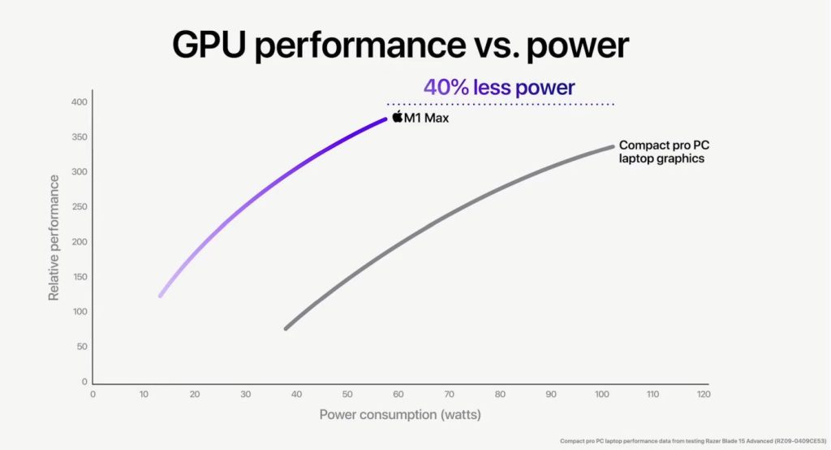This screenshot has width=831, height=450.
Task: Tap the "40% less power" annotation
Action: click(499, 87)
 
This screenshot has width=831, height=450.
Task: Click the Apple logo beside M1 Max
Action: click(397, 117)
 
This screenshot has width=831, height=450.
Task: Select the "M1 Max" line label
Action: click(426, 119)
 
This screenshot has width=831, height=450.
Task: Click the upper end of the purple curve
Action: click(385, 119)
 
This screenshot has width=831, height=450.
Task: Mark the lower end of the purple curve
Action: click(161, 295)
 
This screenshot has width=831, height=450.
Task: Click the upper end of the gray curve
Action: click(612, 147)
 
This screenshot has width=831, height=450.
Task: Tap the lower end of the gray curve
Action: click(286, 328)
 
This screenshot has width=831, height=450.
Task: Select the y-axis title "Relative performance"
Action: click(54, 237)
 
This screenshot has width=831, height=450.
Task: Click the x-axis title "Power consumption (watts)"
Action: click(400, 414)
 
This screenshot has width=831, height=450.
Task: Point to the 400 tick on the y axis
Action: click(79, 102)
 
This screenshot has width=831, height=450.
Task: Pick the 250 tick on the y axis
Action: click(79, 207)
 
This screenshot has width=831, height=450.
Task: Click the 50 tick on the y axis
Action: click(81, 347)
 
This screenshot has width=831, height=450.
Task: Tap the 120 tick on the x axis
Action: click(704, 394)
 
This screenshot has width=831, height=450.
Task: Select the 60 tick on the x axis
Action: click(398, 394)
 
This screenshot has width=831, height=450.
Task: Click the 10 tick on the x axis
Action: click(144, 394)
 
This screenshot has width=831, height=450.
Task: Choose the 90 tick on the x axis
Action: click(551, 394)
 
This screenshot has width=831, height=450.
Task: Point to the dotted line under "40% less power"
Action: click(499, 104)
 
